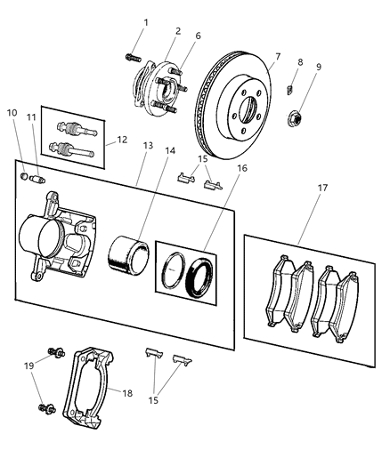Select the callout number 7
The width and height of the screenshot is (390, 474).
coord(277,57)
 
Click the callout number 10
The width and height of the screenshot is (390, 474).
coord(12,113)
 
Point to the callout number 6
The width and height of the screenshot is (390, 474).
coord(198,36)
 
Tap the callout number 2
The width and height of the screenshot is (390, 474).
coord(176,31)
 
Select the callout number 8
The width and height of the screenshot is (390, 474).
coord(299,62)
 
